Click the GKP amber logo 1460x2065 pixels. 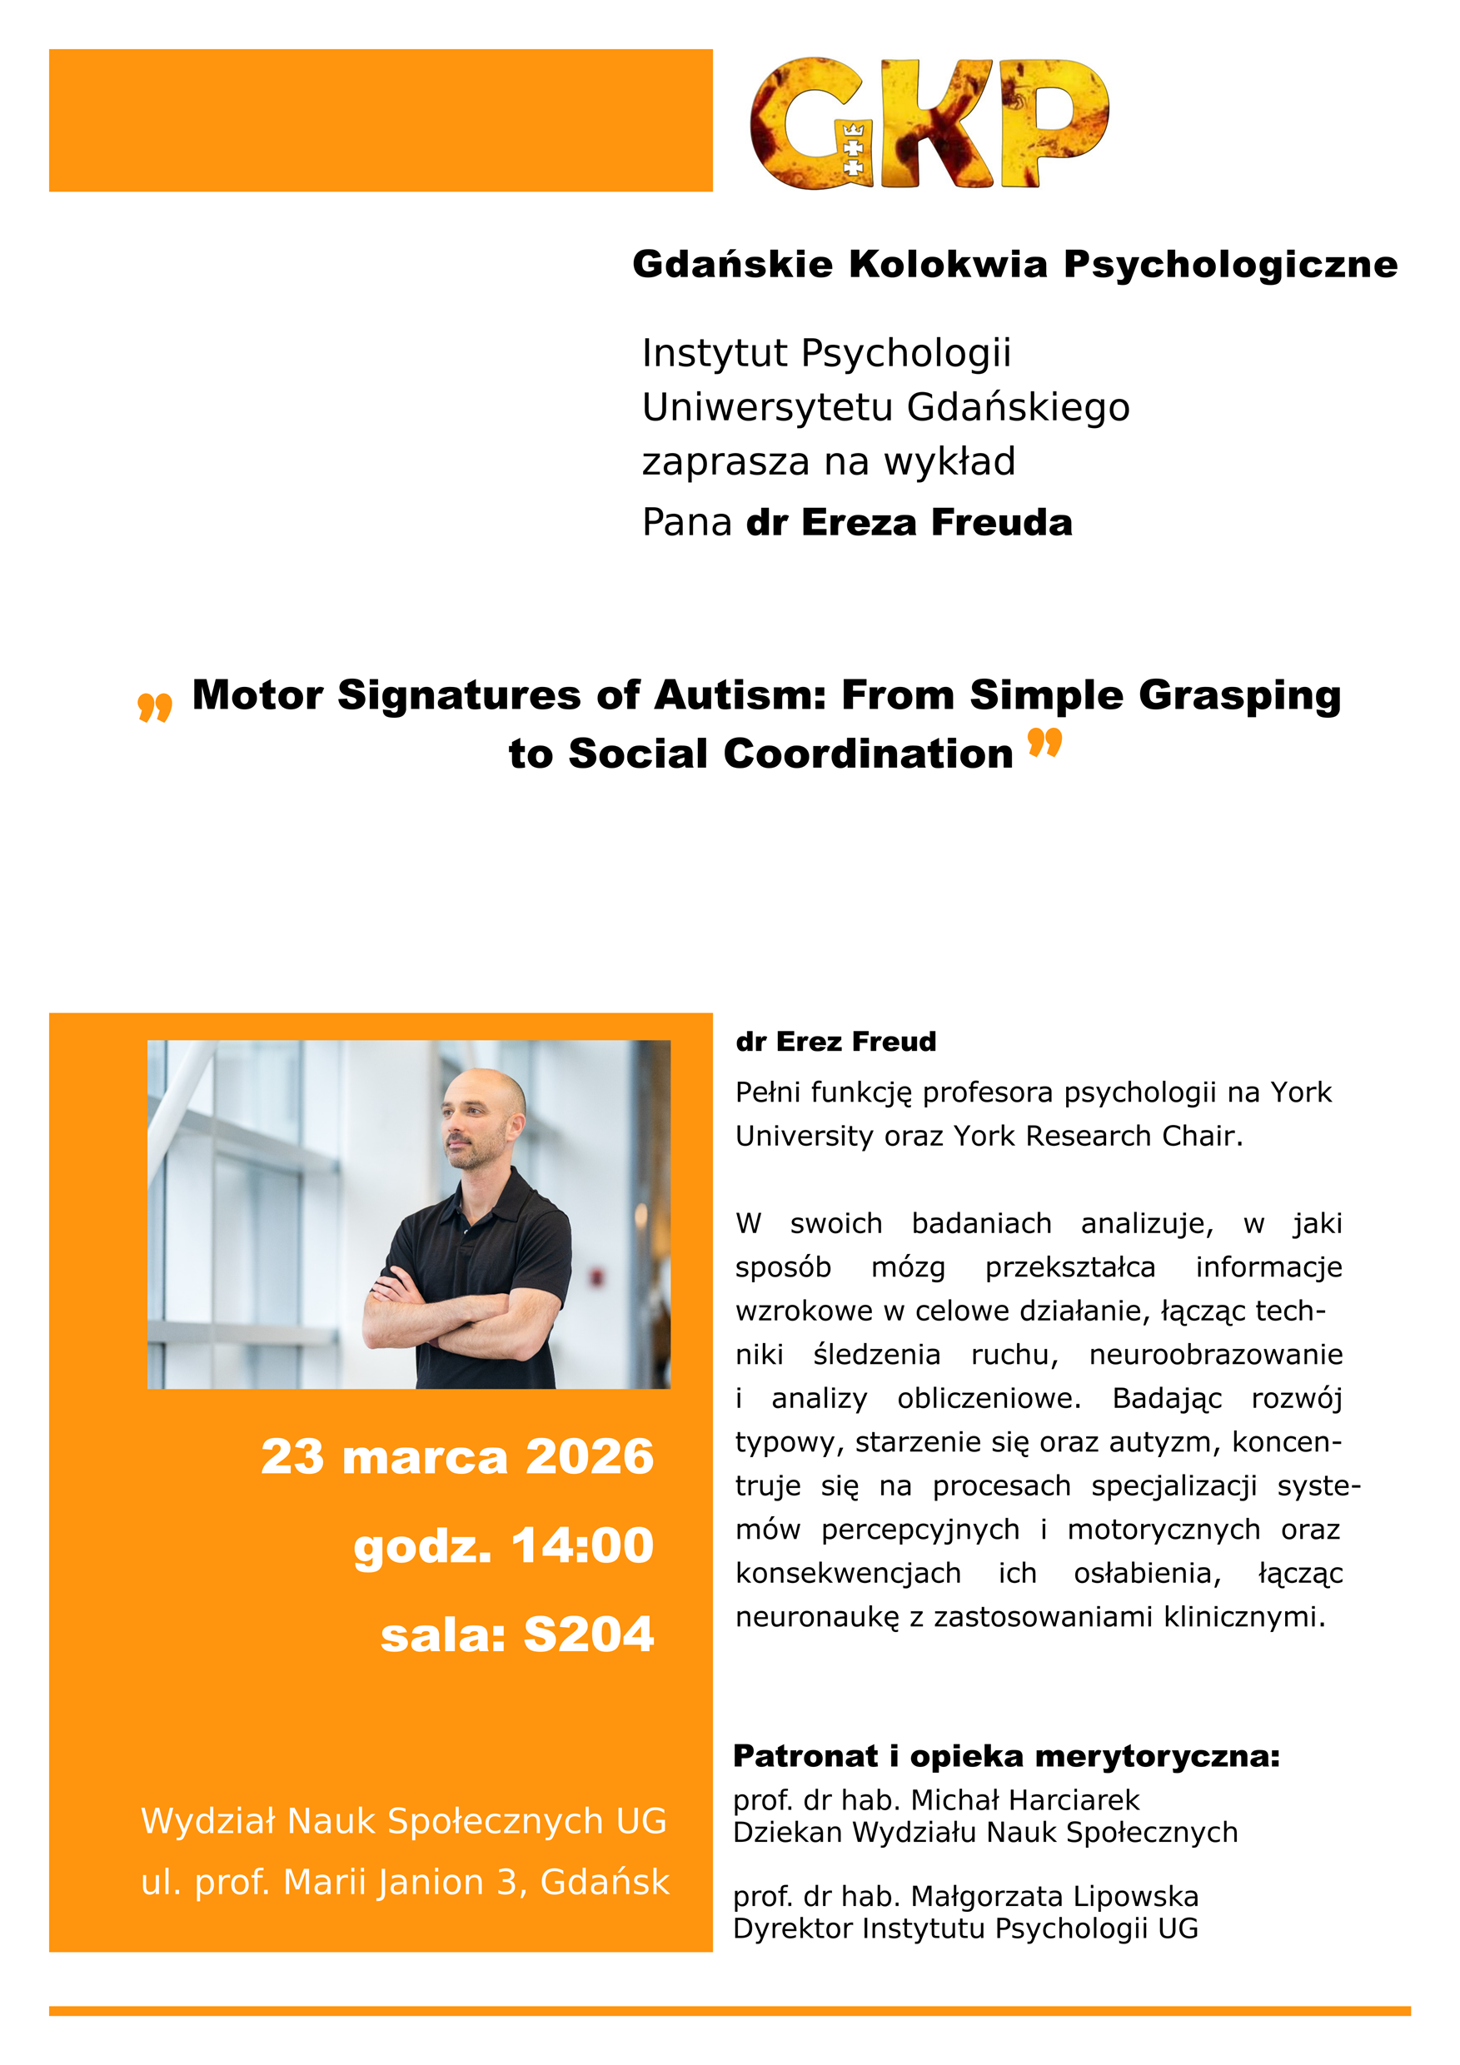[x=929, y=123]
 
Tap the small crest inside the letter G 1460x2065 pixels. [x=852, y=148]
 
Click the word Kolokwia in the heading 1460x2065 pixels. [x=948, y=265]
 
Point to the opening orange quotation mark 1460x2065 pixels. [x=155, y=707]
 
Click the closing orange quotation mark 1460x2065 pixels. [x=1044, y=743]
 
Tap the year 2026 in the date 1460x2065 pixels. [x=589, y=1456]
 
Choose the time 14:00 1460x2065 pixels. [x=582, y=1545]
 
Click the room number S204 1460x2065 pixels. [x=588, y=1635]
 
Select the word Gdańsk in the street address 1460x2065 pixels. [x=605, y=1882]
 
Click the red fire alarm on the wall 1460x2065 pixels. [x=595, y=1276]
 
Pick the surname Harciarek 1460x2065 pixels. [x=1074, y=1800]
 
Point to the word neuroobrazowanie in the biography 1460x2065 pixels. [x=1215, y=1355]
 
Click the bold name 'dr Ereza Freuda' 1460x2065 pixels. [x=909, y=523]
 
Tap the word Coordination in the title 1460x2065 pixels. [x=868, y=754]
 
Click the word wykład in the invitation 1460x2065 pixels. [x=949, y=461]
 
